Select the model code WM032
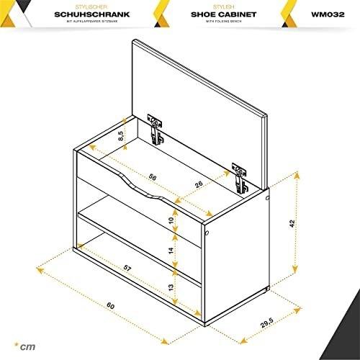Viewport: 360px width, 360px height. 316,13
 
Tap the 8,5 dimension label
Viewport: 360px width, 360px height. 122,134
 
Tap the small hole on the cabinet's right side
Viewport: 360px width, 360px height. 207,234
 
